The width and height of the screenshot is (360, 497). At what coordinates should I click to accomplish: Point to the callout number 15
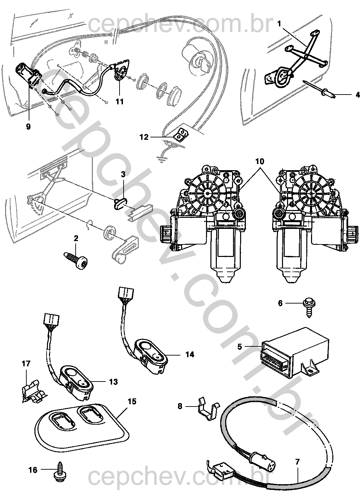(x=132, y=401)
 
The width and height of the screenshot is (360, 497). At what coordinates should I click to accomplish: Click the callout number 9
(x=28, y=127)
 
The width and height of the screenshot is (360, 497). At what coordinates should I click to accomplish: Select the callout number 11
(x=120, y=101)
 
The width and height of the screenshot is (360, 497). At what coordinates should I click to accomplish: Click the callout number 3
(x=123, y=175)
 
